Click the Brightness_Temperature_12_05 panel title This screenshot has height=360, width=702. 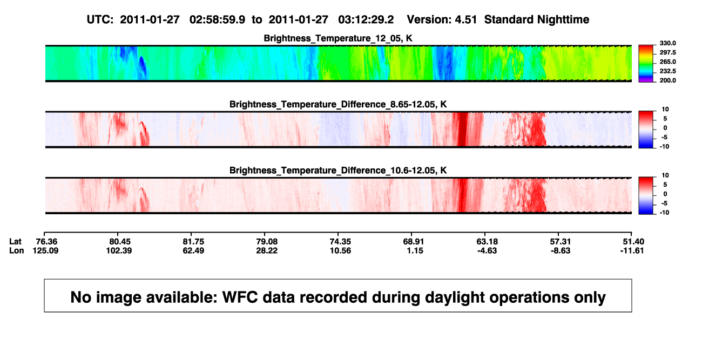(338, 38)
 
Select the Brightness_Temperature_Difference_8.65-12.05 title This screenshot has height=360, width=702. (338, 104)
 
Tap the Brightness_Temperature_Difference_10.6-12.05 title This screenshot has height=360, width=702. (338, 171)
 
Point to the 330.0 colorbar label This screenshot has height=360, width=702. (667, 43)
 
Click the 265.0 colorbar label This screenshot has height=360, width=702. (667, 62)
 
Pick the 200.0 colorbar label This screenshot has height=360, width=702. (667, 80)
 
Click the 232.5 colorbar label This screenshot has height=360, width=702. (667, 71)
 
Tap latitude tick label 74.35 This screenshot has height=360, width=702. (340, 242)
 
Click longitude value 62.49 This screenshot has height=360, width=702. (193, 250)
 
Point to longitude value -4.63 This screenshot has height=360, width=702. (487, 250)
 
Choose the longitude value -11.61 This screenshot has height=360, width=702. (632, 250)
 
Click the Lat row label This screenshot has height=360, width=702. (15, 242)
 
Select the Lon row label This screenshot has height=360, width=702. (16, 250)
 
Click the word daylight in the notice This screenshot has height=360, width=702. (454, 297)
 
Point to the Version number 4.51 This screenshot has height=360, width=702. (465, 19)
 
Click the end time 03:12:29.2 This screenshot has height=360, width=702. (366, 19)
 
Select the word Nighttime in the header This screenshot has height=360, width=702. (563, 19)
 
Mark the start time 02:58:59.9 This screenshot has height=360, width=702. (217, 19)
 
